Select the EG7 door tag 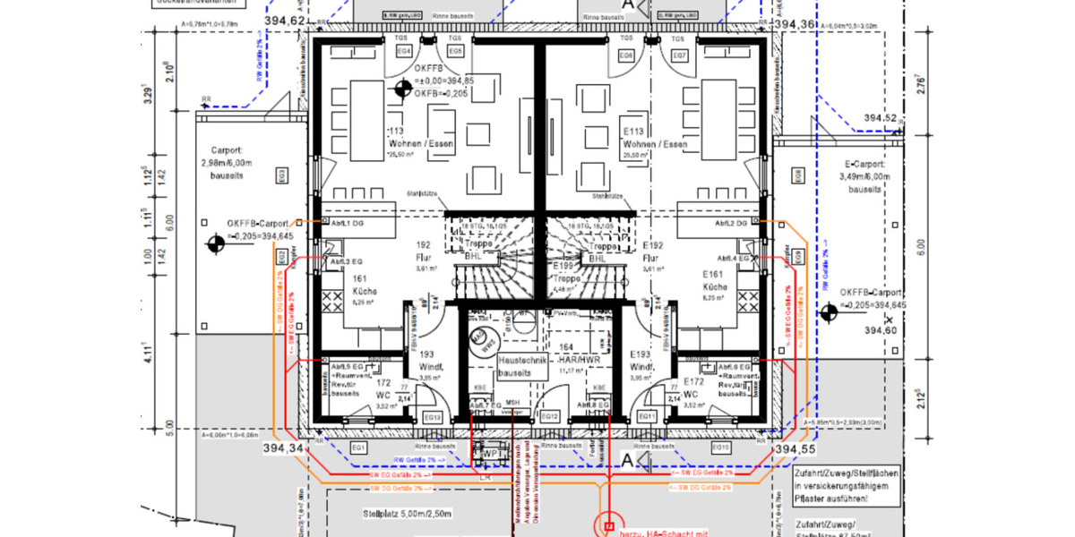click(x=680, y=55)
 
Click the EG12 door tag click(x=551, y=417)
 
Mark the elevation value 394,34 click(x=285, y=447)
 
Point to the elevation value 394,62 click(x=286, y=21)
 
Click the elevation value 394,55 click(x=796, y=447)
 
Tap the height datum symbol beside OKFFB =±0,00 click(x=402, y=88)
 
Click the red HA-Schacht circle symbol click(x=610, y=527)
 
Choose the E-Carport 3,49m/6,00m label click(x=864, y=177)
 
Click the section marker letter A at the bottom click(x=627, y=460)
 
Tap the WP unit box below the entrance click(x=492, y=454)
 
